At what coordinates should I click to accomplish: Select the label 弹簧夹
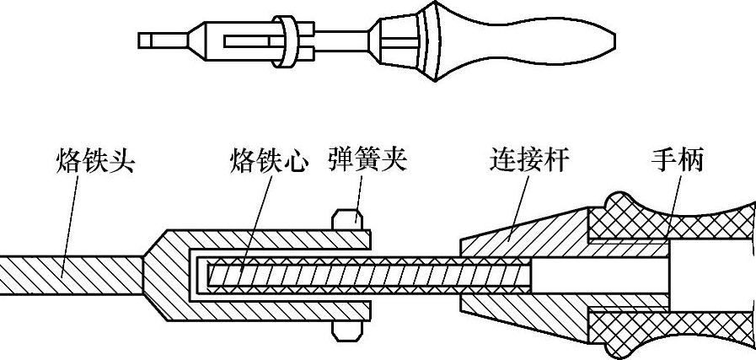(367, 159)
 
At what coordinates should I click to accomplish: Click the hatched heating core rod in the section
(362, 273)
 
